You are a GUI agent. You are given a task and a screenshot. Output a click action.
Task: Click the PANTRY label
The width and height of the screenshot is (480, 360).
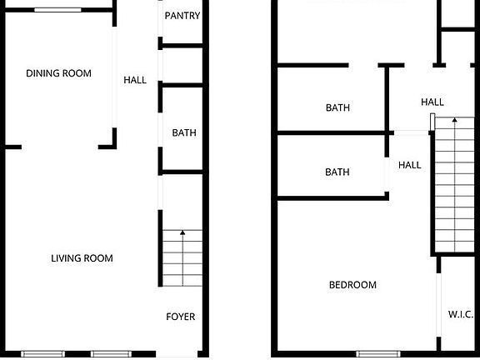pyautogui.click(x=182, y=16)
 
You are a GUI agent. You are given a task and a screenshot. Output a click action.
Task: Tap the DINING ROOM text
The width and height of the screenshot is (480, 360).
pyautogui.click(x=58, y=73)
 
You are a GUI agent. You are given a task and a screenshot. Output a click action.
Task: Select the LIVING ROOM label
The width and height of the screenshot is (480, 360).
pyautogui.click(x=82, y=258)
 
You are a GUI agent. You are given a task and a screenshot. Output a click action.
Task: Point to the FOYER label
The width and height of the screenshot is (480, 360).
pyautogui.click(x=181, y=317)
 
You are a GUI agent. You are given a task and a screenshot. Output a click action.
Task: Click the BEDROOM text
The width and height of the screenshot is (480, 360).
pyautogui.click(x=352, y=285)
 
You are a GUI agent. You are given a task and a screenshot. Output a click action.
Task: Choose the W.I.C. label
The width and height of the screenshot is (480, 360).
pyautogui.click(x=461, y=314)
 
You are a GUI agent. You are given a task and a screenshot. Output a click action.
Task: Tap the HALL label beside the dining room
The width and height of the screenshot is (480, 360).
pyautogui.click(x=135, y=80)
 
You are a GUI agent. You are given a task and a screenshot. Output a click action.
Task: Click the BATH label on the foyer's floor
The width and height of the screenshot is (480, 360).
pyautogui.click(x=184, y=133)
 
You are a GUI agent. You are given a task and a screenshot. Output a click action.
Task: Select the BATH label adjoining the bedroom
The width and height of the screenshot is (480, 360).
pyautogui.click(x=337, y=172)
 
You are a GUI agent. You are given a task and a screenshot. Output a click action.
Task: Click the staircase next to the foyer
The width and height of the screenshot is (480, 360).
pyautogui.click(x=182, y=257)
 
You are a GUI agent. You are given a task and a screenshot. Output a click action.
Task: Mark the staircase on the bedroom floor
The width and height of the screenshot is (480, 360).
pyautogui.click(x=454, y=185)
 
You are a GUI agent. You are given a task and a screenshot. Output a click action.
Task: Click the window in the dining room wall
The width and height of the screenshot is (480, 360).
pyautogui.click(x=57, y=10)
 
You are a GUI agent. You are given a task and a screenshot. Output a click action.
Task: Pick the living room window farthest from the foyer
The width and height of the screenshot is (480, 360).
pyautogui.click(x=43, y=354)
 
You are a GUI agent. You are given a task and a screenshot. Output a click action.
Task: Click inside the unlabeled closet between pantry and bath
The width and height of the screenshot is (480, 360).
pyautogui.click(x=182, y=65)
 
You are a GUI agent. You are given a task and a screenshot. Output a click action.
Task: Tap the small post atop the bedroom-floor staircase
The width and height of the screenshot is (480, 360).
pyautogui.click(x=432, y=122)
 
